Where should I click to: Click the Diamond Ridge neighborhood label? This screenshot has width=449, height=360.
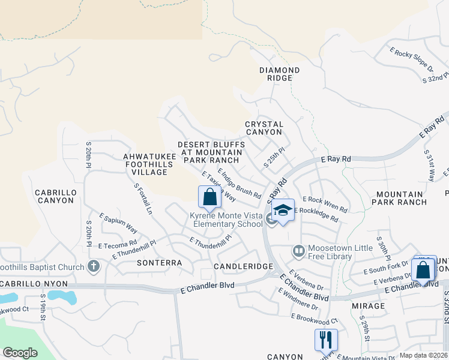point(279,74)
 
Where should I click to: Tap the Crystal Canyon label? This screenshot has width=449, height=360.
point(264,128)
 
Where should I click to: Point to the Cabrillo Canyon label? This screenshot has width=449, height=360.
point(54,196)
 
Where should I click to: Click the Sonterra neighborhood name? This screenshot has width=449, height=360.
point(159,263)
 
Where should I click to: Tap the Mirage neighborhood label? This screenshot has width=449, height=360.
point(369,305)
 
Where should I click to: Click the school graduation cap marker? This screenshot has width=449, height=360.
point(283,210)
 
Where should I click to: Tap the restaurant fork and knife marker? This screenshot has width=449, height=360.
point(326,340)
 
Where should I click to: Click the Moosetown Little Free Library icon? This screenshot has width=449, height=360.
point(298,250)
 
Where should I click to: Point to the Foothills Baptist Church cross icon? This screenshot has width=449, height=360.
point(93,265)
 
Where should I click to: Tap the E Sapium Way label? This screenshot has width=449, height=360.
point(118,223)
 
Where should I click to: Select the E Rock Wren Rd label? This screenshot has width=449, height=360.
point(325,204)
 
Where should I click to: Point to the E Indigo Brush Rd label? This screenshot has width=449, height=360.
point(239,184)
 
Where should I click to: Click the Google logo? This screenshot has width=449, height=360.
point(20,353)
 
